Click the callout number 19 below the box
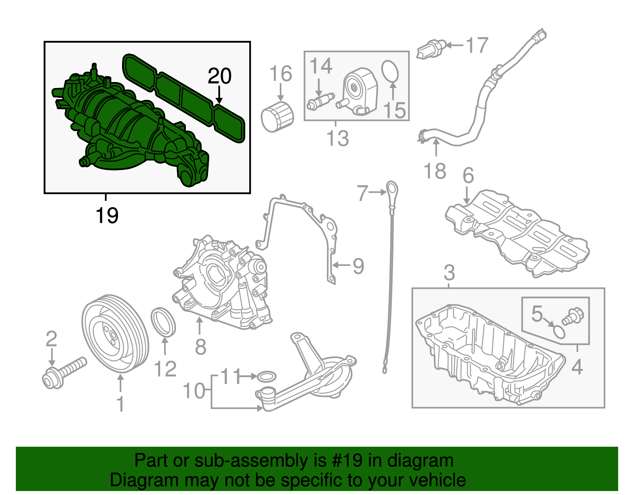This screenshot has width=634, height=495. coord(107,216)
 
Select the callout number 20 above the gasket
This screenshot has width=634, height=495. coord(220,76)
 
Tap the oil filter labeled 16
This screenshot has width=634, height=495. coord(277,117)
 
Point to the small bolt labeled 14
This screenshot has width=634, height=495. coord(321,101)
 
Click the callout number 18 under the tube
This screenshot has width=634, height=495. coord(435,171)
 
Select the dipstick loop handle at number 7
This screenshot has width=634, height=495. coord(392,189)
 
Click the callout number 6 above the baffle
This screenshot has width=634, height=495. coord(468,175)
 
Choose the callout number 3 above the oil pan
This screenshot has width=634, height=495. coord(449,273)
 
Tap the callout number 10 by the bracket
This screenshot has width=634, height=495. coord(194,391)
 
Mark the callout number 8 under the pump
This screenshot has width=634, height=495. coord(201,347)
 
